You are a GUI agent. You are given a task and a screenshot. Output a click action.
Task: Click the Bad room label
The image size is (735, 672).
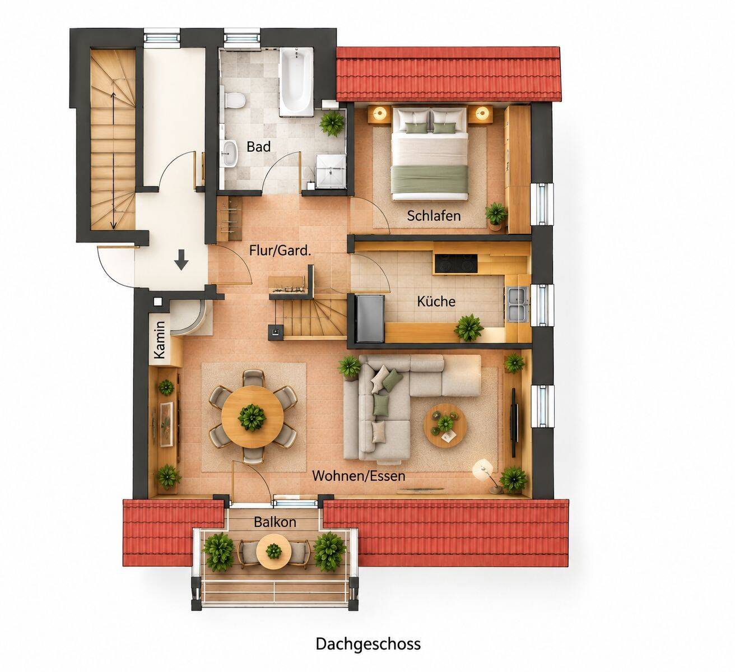(259, 147)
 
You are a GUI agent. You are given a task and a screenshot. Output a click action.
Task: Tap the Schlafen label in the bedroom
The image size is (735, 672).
(434, 216)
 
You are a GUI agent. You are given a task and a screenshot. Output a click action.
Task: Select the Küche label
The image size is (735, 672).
(436, 302)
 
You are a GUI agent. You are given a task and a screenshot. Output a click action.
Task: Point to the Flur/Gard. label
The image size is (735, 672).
(280, 251)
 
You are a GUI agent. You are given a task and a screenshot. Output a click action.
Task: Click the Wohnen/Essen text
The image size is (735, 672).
(359, 476)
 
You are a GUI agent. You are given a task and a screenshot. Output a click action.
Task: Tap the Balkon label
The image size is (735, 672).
(275, 522)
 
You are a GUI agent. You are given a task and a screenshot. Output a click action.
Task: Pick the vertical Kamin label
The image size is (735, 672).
(160, 340)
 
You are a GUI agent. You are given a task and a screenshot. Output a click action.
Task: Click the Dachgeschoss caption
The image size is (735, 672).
(368, 643)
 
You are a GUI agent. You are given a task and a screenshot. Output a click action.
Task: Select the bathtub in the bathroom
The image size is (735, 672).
(296, 81)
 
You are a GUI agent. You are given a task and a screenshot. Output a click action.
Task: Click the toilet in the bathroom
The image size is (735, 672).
(234, 100)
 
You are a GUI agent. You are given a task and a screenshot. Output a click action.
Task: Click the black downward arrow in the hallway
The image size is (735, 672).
(181, 259)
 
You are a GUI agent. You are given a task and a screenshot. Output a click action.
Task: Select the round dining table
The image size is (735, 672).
(252, 416)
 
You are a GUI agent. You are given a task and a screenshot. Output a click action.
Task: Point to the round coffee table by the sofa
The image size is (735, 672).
(445, 425)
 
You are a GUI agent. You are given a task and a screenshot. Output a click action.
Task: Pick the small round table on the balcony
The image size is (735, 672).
(273, 551)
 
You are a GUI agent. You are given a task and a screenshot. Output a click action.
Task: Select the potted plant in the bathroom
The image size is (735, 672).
(332, 123)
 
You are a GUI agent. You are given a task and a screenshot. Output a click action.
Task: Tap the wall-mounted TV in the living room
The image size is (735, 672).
(514, 423)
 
